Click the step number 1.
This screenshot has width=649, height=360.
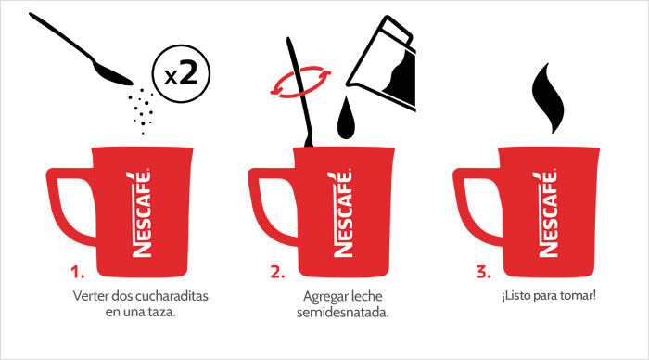click(x=78, y=273)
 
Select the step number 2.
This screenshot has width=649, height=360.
click(x=277, y=273)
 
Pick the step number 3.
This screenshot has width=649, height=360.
click(x=482, y=273)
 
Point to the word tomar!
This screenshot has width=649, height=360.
click(x=580, y=296)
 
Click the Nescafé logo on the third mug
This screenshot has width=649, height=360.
click(x=546, y=212)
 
